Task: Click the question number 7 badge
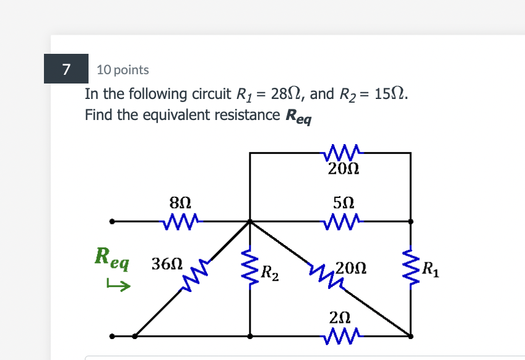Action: click(x=66, y=69)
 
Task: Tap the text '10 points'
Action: click(x=123, y=70)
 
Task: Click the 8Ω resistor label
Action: click(x=180, y=201)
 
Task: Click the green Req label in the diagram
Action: click(x=111, y=257)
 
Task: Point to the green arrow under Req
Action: click(x=118, y=285)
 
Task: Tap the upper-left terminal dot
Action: click(x=111, y=221)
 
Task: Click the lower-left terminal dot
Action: click(x=111, y=336)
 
